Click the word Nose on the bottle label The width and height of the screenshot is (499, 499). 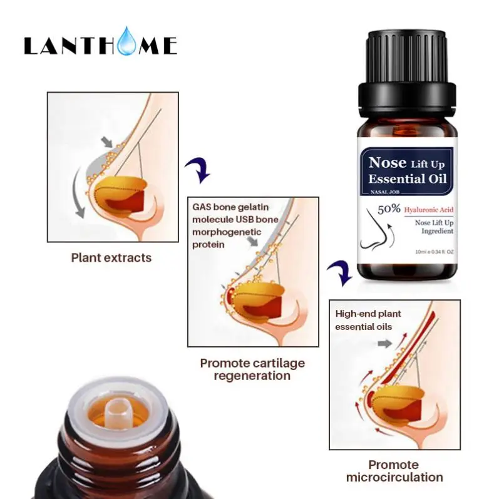(x=388, y=163)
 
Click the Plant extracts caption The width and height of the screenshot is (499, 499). (x=111, y=257)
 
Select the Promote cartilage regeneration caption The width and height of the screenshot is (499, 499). (x=252, y=369)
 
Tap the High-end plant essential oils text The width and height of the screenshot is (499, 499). (x=368, y=320)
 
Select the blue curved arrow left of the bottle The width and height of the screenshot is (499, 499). (x=337, y=274)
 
